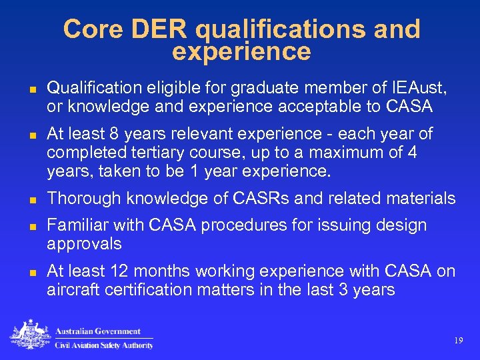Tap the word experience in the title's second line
pos(241,51)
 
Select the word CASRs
pos(256,199)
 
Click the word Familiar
pos(74,225)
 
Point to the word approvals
pos(84,244)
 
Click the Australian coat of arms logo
pos(30,335)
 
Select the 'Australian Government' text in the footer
pos(97,331)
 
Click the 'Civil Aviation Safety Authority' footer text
pos(103,345)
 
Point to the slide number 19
pos(457,341)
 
